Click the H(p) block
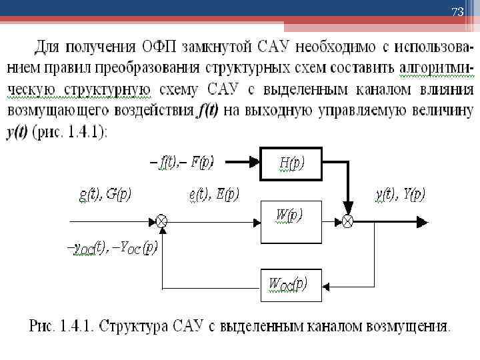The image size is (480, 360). pyautogui.click(x=290, y=163)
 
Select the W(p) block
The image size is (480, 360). pyautogui.click(x=290, y=219)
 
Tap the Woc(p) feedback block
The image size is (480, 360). pyautogui.click(x=290, y=285)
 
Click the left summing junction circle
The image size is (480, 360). pyautogui.click(x=161, y=220)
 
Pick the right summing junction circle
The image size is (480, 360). pyautogui.click(x=347, y=220)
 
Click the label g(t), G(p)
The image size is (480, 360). pyautogui.click(x=105, y=194)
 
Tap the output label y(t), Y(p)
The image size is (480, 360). pyautogui.click(x=400, y=194)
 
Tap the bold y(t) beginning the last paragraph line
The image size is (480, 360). pyautogui.click(x=18, y=131)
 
